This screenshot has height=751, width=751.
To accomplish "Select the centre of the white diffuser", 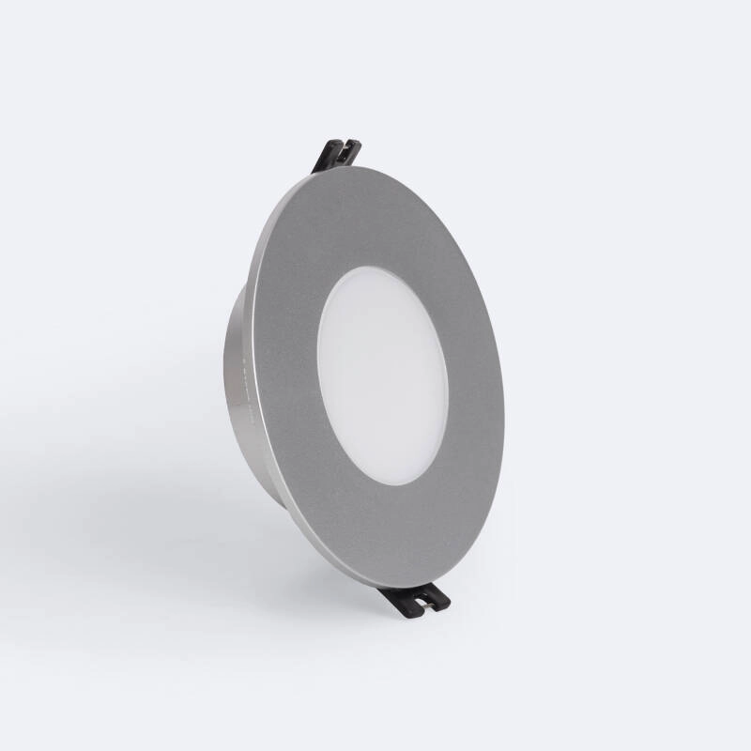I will tap(383, 375).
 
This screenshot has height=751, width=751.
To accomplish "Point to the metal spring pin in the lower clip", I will tap(427, 607).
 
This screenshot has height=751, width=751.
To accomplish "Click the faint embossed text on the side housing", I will tap(243, 375).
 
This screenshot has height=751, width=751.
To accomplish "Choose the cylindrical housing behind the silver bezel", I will tap(238, 394).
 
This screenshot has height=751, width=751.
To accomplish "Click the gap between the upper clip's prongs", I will tap(342, 147).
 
